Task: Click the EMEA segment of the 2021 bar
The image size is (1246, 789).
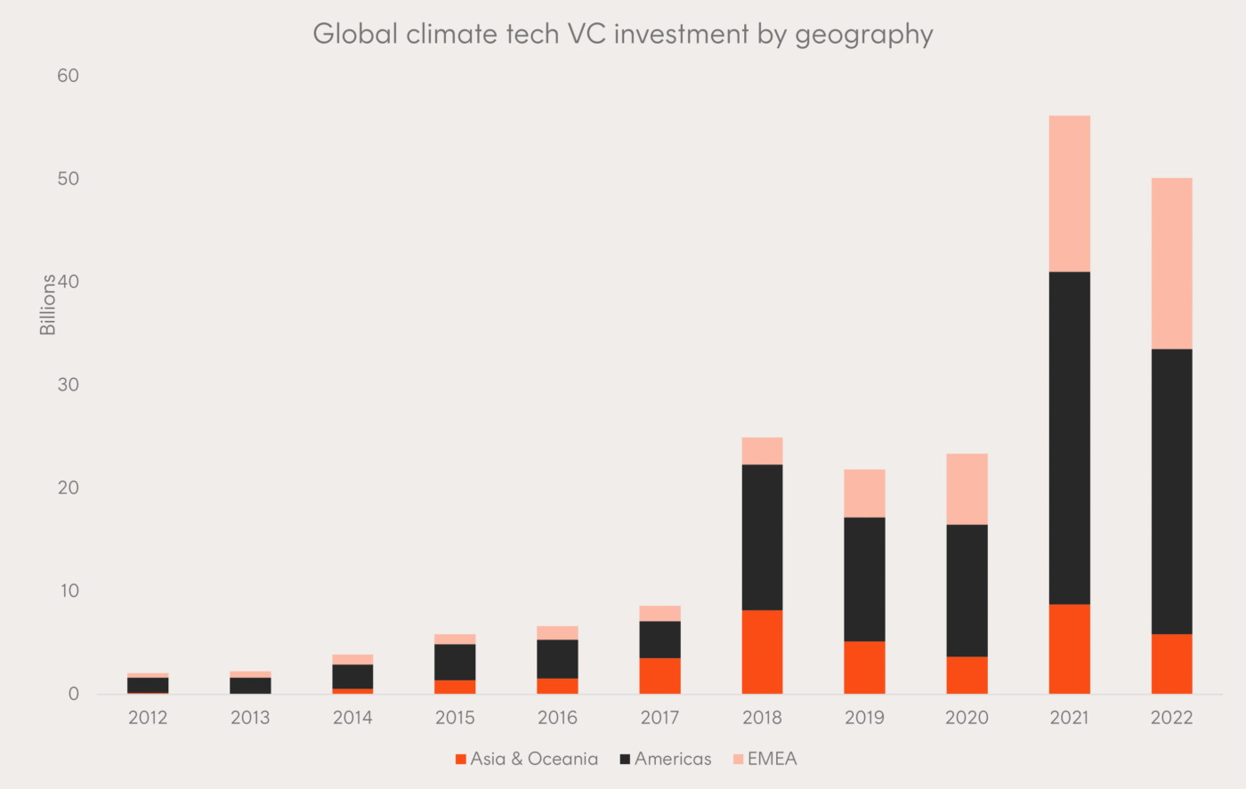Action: click(1069, 193)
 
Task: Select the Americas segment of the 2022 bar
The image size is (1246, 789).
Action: click(1171, 491)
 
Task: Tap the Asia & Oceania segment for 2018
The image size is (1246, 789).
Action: click(762, 651)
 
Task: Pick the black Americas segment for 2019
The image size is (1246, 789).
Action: click(864, 578)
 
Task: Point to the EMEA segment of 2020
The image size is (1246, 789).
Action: click(967, 488)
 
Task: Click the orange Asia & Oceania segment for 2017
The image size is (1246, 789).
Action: click(659, 675)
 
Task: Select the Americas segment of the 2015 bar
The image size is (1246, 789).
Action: click(455, 662)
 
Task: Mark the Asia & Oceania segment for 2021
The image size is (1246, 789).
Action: click(1069, 648)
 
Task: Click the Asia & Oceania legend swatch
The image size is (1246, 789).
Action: click(461, 759)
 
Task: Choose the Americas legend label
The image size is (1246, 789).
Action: click(673, 759)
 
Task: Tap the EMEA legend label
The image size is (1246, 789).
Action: click(772, 759)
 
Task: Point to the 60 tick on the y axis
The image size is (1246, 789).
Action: click(69, 76)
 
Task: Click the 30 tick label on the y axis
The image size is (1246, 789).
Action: click(69, 384)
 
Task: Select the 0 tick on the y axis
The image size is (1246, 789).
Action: click(74, 694)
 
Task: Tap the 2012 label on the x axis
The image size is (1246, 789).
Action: click(148, 718)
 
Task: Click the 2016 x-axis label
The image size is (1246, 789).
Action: click(557, 718)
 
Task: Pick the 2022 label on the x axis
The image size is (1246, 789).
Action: click(1171, 718)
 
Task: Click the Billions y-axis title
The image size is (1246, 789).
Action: click(48, 304)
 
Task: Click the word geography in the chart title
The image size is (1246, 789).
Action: click(863, 34)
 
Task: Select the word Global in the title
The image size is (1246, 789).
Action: click(355, 34)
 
